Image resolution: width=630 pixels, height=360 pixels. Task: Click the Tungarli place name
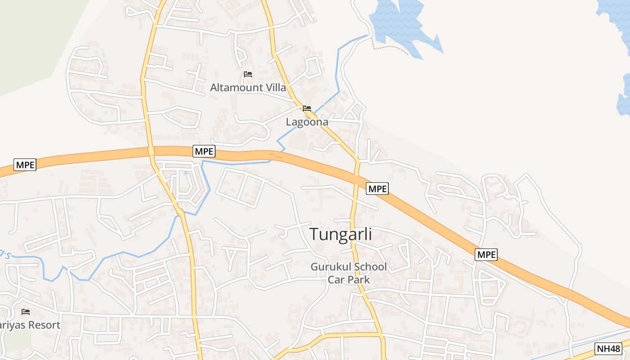pos(341,234)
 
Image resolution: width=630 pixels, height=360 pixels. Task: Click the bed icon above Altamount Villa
pos(247,74)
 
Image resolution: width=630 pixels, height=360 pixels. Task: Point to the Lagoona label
pos(307,122)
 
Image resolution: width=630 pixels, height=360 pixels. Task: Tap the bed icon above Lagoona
pos(307,108)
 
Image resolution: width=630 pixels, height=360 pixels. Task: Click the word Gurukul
pos(330,267)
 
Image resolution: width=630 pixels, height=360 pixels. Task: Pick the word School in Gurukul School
pos(369,267)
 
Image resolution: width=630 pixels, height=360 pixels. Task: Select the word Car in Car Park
pos(336,279)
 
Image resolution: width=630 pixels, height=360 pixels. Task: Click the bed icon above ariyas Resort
pos(26,311)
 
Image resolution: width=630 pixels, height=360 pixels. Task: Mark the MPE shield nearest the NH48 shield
pos(486,255)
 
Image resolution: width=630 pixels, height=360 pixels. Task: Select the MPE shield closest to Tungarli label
pos(377,189)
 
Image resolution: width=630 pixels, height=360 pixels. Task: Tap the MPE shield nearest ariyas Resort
pos(25,165)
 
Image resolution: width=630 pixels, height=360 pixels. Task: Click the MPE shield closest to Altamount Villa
pos(204,151)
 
